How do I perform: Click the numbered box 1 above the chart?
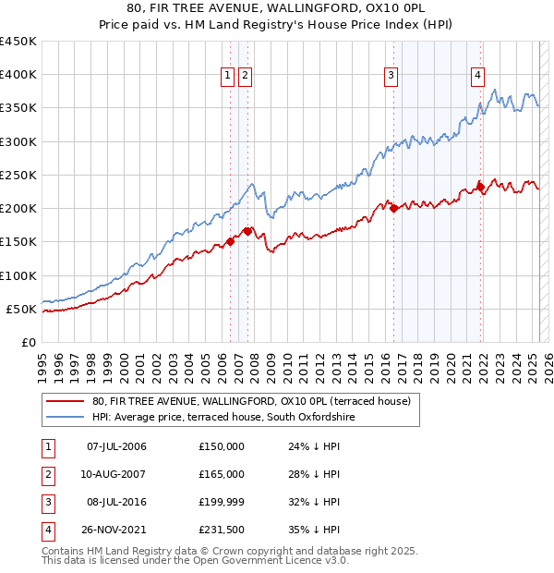click(x=227, y=77)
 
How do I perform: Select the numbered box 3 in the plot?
click(x=391, y=77)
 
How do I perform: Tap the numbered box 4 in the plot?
click(x=478, y=77)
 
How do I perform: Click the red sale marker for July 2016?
click(x=394, y=208)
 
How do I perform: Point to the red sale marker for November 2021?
click(x=481, y=185)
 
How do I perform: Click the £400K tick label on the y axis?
click(x=18, y=75)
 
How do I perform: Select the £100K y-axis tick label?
click(x=18, y=275)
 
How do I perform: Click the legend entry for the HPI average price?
click(x=223, y=418)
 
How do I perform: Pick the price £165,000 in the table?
click(x=222, y=474)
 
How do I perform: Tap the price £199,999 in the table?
click(x=222, y=502)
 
